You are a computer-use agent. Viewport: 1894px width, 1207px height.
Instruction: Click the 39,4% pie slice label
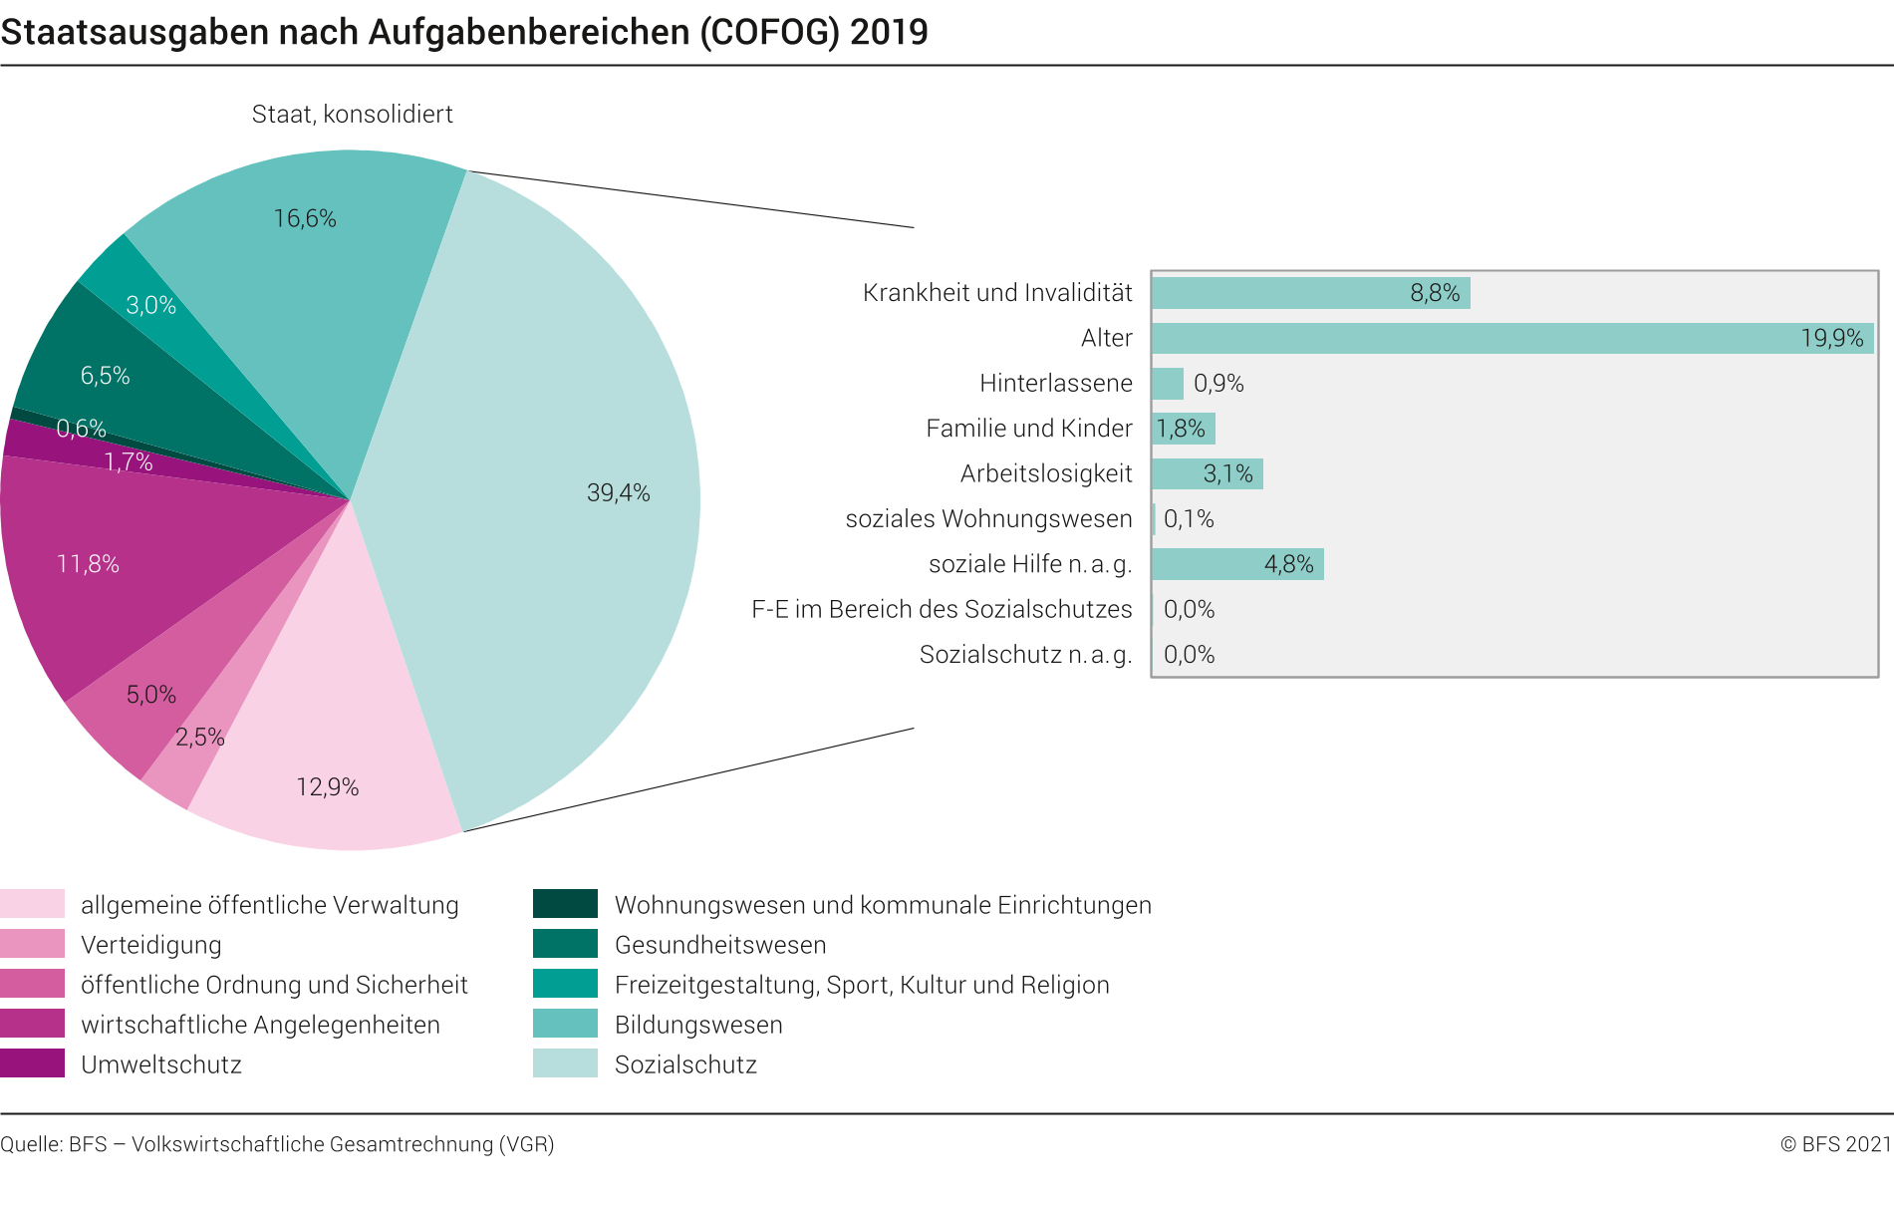tap(618, 493)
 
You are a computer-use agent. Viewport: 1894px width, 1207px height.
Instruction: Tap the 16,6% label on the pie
tap(305, 219)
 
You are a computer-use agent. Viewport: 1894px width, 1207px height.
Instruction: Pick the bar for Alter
tap(1511, 338)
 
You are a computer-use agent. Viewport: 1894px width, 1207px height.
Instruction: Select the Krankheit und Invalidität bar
tap(1309, 293)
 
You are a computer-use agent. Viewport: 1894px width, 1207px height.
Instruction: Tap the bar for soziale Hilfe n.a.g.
tap(1236, 564)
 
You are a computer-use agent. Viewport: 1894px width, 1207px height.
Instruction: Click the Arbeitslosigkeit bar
tap(1207, 473)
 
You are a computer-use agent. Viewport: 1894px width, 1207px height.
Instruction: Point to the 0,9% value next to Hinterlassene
tap(1218, 384)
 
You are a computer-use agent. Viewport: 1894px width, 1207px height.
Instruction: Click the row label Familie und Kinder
tap(1028, 429)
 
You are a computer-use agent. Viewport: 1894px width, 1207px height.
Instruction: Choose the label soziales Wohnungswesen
tap(988, 519)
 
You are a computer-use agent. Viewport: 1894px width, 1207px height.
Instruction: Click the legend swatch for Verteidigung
tap(32, 944)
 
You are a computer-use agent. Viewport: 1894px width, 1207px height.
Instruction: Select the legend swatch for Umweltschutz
tap(32, 1063)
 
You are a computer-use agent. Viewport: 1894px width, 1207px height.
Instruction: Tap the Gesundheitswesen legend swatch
tap(565, 944)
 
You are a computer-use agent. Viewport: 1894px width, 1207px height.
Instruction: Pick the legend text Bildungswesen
tap(698, 1025)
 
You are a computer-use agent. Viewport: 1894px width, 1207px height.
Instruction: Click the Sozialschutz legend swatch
tap(565, 1063)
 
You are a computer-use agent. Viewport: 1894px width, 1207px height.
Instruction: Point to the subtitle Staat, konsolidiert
tap(352, 115)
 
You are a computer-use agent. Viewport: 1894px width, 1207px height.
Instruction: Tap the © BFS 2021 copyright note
tap(1835, 1144)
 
